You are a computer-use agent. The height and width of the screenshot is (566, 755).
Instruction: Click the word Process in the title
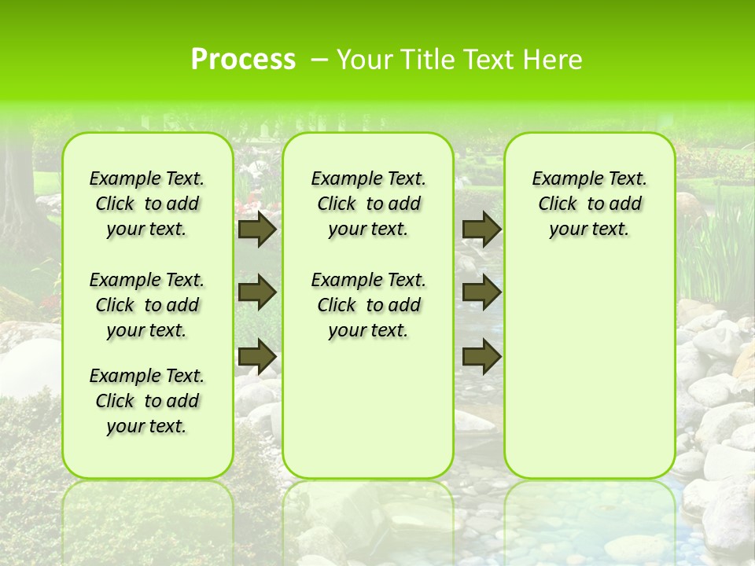click(243, 60)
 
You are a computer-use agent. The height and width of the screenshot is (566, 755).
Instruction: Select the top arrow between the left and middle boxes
click(256, 230)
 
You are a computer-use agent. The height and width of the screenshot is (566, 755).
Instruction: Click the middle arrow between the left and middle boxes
click(256, 292)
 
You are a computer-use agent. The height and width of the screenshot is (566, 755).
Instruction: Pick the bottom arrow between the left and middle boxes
click(256, 356)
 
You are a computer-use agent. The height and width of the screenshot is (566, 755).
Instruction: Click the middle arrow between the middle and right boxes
click(481, 292)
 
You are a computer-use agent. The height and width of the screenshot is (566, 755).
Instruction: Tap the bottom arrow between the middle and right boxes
click(481, 356)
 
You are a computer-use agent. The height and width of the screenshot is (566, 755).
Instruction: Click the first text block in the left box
click(147, 204)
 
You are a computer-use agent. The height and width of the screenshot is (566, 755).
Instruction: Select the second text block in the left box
click(147, 305)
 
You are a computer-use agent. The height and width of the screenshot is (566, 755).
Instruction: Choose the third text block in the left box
click(147, 401)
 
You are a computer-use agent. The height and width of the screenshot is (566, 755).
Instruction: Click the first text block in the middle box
click(368, 204)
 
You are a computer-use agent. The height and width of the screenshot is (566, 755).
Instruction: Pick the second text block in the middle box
click(368, 305)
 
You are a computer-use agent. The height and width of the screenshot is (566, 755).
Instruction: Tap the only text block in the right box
click(589, 204)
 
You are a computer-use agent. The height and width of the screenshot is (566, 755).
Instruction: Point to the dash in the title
click(319, 60)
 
